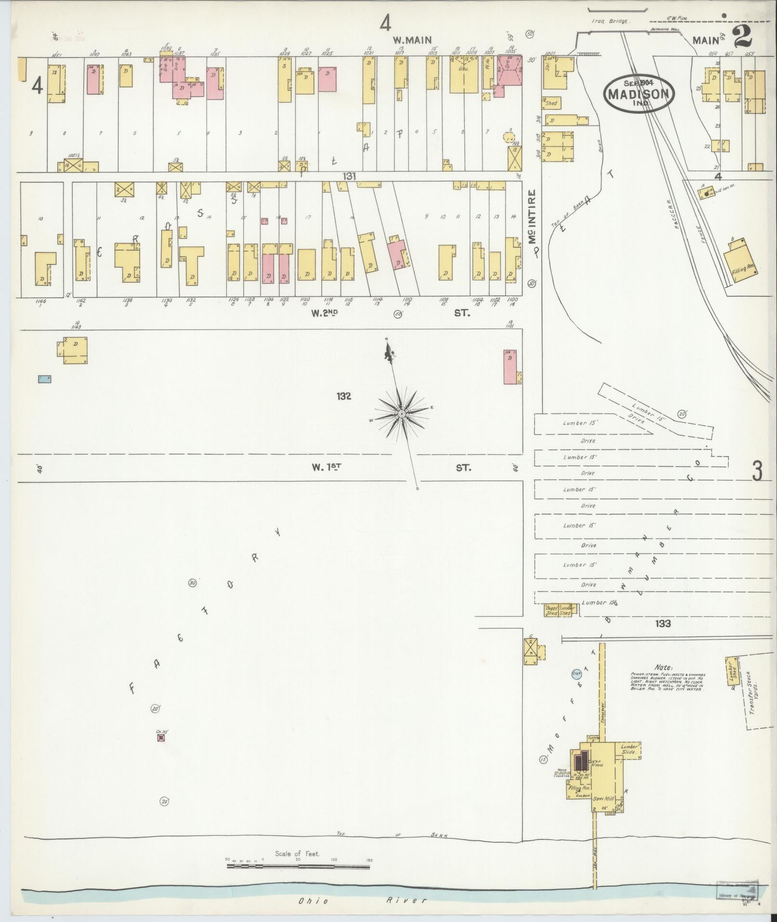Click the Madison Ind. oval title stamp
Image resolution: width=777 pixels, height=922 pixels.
(638, 93)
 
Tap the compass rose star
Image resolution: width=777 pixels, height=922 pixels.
(401, 414)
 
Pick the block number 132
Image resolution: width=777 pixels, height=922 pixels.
(344, 396)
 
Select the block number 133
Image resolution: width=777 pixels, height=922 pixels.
(663, 623)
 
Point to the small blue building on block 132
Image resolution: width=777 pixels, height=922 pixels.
(44, 379)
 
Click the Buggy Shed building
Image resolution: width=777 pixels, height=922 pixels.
(551, 610)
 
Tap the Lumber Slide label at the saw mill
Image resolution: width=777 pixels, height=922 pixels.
(629, 749)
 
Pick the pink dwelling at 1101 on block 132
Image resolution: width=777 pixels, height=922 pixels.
(510, 367)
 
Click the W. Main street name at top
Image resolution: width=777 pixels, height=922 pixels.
(411, 40)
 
